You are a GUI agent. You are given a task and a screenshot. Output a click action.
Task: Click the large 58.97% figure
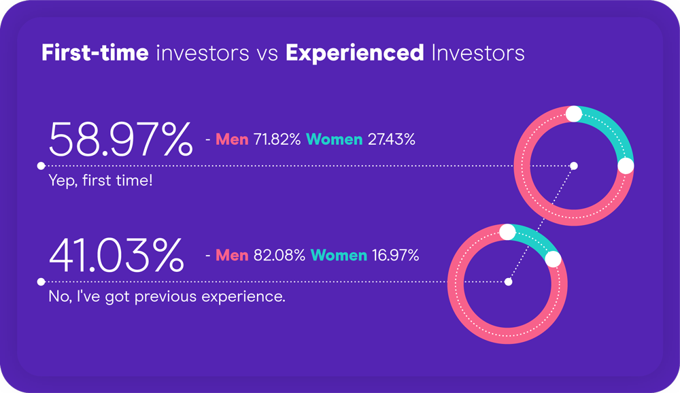pos(120,139)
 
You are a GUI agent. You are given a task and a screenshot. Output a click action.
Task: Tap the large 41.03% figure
pos(116,255)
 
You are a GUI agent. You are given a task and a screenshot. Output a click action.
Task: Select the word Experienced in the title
pos(355,53)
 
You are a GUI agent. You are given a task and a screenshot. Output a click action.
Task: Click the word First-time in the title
pos(95,52)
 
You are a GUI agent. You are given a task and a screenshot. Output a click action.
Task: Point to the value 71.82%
pos(277,139)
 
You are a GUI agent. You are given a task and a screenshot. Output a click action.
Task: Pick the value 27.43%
pos(391,139)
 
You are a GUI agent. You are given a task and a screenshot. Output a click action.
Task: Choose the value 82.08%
pos(279,255)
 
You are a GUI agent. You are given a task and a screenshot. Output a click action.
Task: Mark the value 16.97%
pos(395,255)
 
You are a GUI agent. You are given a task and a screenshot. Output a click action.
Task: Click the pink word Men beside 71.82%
pos(232,139)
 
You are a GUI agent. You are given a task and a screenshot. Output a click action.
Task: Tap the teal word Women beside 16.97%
pos(339,255)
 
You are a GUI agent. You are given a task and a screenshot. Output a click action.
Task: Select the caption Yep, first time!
pos(101,180)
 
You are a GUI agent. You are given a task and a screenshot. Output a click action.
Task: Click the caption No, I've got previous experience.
pos(167,296)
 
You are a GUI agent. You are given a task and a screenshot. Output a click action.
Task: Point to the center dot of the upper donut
pos(574,166)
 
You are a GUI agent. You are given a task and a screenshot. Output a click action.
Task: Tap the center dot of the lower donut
pos(508,282)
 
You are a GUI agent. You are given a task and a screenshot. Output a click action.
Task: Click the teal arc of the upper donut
pos(611,129)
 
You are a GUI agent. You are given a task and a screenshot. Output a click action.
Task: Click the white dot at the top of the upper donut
pos(574,114)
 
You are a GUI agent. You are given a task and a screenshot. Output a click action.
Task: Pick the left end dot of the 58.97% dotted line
pos(41,166)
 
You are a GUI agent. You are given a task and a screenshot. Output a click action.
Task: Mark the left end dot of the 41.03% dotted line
pos(41,282)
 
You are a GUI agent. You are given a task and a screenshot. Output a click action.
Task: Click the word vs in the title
pos(267,54)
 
